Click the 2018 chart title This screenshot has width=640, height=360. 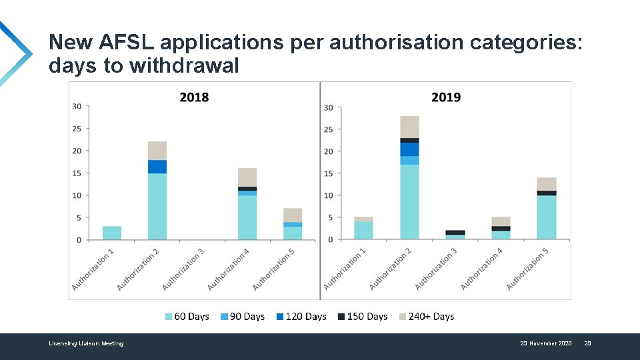point(194,97)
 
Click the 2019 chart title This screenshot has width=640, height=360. point(446,97)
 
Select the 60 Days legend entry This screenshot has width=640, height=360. point(187,317)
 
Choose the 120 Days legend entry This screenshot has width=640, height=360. point(301,317)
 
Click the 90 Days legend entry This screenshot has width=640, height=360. point(243,317)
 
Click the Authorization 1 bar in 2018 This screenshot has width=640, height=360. point(112,233)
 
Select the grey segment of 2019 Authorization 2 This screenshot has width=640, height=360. point(409,127)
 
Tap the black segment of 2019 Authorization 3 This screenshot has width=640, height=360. point(455,233)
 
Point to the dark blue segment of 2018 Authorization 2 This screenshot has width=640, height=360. point(157,167)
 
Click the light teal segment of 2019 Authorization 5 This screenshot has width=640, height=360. point(547,217)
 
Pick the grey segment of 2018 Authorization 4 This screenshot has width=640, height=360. point(247,177)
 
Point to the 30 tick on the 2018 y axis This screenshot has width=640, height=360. point(77,106)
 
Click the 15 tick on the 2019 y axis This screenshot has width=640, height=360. point(329,173)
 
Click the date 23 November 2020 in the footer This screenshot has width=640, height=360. point(545,343)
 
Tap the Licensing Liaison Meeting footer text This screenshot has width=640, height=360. point(86,343)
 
